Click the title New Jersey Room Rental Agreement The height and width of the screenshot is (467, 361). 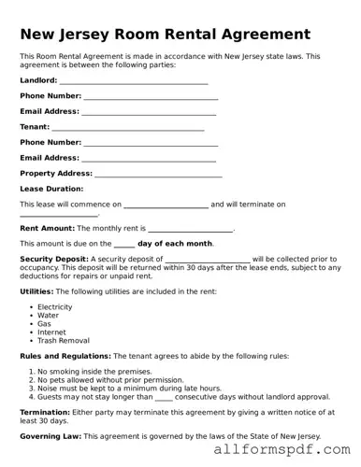click(165, 35)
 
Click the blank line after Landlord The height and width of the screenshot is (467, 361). click(134, 82)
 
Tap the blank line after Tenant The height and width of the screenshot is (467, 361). click(128, 128)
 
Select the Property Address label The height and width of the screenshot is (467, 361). click(56, 174)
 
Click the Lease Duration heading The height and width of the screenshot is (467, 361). click(51, 189)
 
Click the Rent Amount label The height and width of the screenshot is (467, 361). click(47, 228)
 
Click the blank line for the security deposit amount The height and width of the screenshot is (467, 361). click(207, 261)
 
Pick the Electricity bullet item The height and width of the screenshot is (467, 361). click(54, 306)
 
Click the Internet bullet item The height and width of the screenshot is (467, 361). click(51, 333)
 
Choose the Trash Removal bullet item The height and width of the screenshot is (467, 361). click(63, 341)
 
